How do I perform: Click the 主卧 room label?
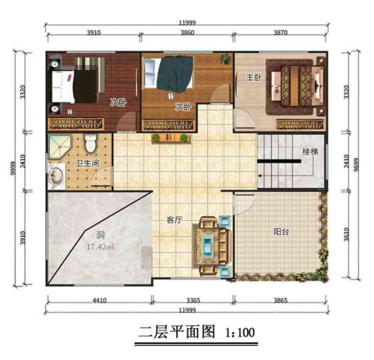(x=252, y=78)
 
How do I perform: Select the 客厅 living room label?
(x=175, y=220)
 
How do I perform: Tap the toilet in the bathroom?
(x=91, y=144)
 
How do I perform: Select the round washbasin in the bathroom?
(x=56, y=178)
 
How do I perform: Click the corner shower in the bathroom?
(x=60, y=146)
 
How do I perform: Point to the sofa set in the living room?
(x=207, y=244)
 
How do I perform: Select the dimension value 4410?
(x=99, y=301)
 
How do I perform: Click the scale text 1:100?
(x=243, y=331)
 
